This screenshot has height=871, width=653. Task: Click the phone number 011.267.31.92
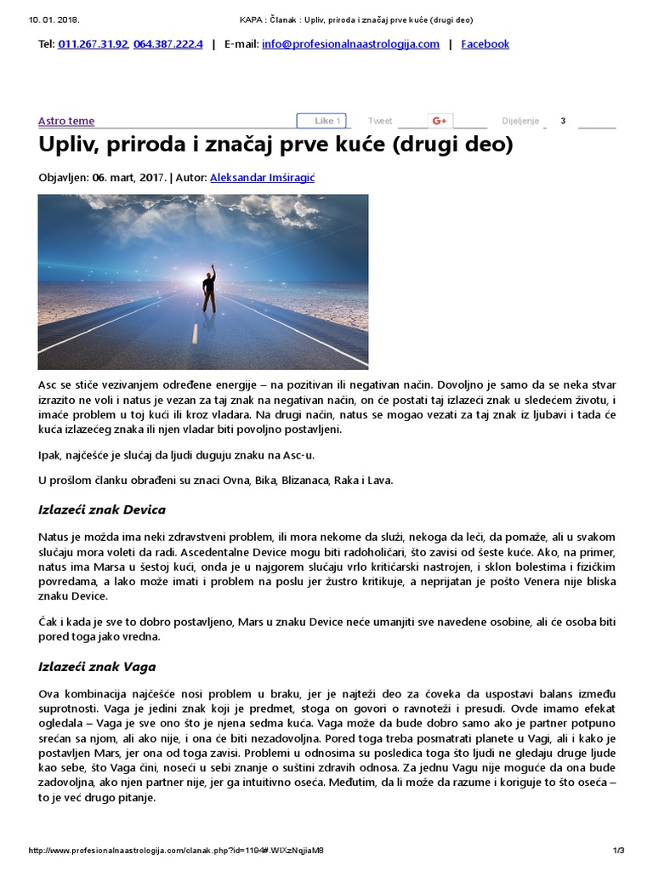[x=94, y=43]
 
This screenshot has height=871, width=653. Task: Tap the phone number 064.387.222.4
[x=168, y=43]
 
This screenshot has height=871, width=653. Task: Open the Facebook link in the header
[x=485, y=43]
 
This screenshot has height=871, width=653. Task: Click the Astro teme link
[x=66, y=121]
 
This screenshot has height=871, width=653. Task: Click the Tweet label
[x=380, y=121]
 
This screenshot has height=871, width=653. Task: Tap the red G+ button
[x=440, y=121]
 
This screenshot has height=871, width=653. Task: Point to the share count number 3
[x=563, y=121]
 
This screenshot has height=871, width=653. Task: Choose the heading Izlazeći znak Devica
[x=102, y=510]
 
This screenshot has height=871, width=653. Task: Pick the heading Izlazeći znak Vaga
[x=97, y=666]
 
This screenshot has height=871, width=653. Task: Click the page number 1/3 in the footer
[x=618, y=850]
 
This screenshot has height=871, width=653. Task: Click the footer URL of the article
[x=177, y=850]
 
